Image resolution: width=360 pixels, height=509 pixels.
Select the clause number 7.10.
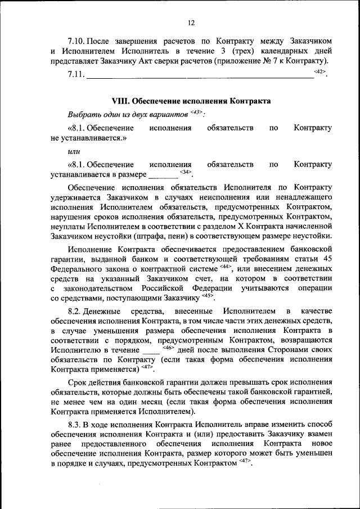point(76,42)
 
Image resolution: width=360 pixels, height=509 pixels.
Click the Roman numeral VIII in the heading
point(121,101)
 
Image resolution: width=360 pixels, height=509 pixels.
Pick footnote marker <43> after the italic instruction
point(196,111)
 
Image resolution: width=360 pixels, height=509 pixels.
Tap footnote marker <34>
point(186,172)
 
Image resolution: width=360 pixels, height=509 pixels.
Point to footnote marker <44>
point(226,267)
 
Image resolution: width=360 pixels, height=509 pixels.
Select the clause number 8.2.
point(76,311)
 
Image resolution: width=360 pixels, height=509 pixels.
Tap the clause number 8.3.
point(76,424)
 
